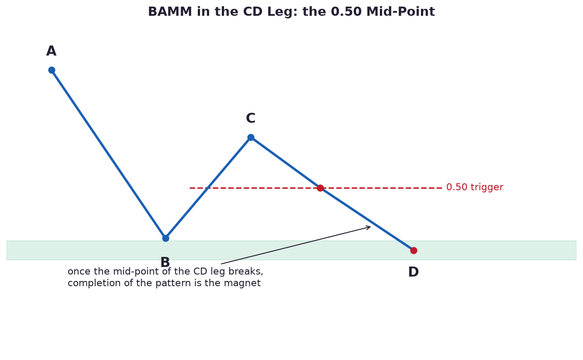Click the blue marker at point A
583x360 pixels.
click(52, 70)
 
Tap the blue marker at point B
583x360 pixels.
click(166, 238)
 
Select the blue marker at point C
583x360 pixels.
click(251, 138)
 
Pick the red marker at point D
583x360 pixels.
click(414, 250)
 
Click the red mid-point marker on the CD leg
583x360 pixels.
click(320, 188)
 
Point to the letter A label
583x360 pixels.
click(51, 51)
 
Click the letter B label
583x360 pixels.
click(165, 263)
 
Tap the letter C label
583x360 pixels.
click(251, 118)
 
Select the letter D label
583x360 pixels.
click(413, 272)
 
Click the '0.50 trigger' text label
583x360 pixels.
click(475, 187)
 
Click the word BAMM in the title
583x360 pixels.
click(170, 12)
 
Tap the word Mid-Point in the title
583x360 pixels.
click(400, 12)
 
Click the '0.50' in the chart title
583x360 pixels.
click(346, 12)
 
